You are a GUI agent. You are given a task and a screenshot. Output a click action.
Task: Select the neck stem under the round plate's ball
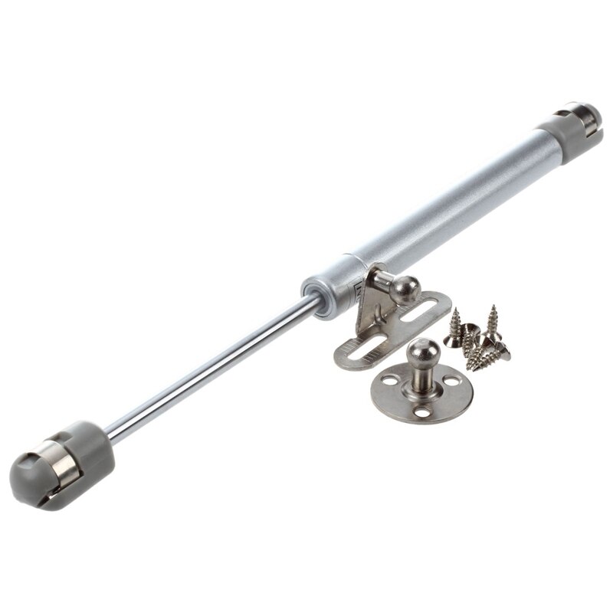coord(420,374)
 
